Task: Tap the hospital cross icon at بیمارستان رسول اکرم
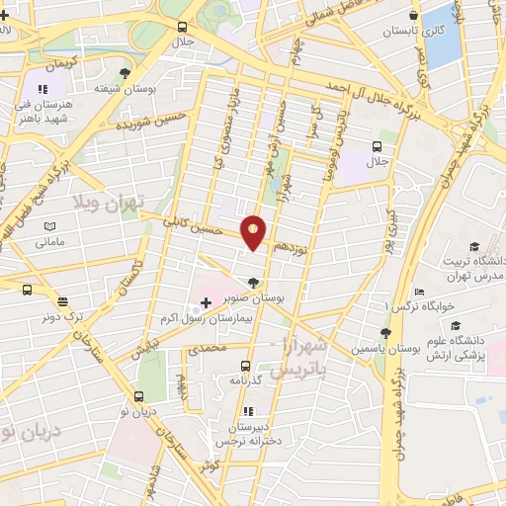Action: point(206,301)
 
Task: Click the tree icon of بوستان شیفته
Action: point(124,72)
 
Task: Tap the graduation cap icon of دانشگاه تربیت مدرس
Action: point(473,246)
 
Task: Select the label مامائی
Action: point(48,241)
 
